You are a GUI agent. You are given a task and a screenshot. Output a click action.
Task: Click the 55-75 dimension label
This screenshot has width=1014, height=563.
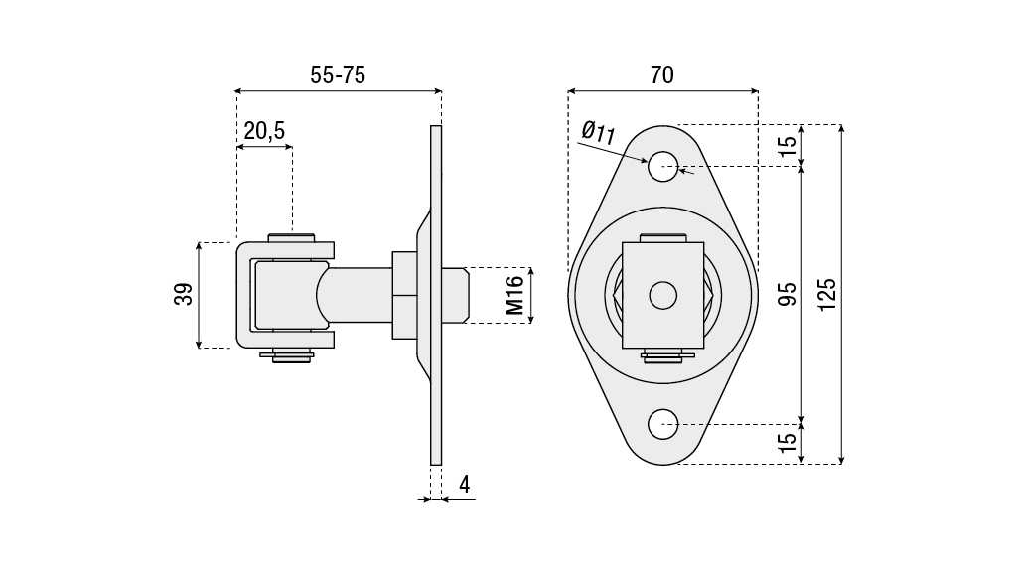(x=338, y=75)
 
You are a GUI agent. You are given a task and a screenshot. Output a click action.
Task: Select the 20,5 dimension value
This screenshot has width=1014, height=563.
(x=264, y=130)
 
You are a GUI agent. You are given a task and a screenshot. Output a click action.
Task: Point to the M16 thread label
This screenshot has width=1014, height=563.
(x=514, y=296)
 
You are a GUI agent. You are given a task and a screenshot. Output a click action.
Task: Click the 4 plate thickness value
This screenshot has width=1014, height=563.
(x=464, y=485)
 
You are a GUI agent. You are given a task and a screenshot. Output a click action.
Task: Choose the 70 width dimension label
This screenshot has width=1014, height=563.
(x=662, y=75)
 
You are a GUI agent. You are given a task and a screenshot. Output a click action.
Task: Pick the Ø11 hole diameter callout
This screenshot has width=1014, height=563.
(x=598, y=132)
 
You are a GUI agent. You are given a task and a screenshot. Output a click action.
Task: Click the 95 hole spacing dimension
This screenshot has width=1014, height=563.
(x=788, y=295)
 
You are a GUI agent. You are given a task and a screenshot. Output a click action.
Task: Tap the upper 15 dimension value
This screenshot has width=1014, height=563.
(x=788, y=145)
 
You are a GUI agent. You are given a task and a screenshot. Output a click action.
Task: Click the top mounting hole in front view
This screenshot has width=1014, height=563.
(x=662, y=167)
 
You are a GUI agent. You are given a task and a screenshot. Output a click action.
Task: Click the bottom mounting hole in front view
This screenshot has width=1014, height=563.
(x=662, y=424)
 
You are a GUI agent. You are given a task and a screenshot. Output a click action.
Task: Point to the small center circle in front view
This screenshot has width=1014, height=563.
(x=662, y=294)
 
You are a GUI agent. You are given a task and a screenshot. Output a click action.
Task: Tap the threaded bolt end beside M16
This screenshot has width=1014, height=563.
(x=455, y=295)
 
